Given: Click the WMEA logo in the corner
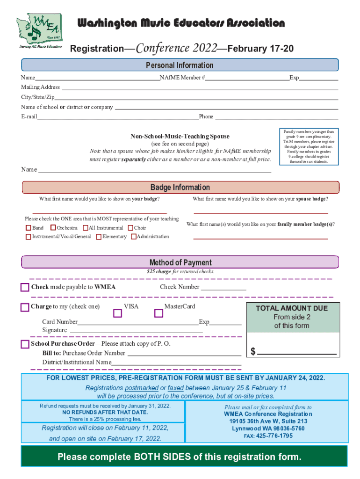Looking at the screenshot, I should (40, 32).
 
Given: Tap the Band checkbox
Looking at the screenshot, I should (28, 228).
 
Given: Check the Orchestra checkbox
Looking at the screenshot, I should (53, 228).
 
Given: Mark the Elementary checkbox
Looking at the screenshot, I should (99, 237).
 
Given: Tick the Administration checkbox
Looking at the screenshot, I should (133, 237).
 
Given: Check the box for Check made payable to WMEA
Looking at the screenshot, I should (25, 287).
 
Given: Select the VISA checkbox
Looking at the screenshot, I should (117, 313).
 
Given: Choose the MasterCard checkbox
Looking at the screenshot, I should (158, 313).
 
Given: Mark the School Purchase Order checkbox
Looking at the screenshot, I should (25, 344).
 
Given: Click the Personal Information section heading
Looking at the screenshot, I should (180, 65).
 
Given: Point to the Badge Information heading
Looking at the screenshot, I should (180, 188).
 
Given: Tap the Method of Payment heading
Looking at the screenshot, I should (180, 262).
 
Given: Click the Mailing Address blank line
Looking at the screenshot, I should (200, 89).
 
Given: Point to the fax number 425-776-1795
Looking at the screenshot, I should (274, 436).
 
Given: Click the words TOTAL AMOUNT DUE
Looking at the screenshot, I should (291, 309).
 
